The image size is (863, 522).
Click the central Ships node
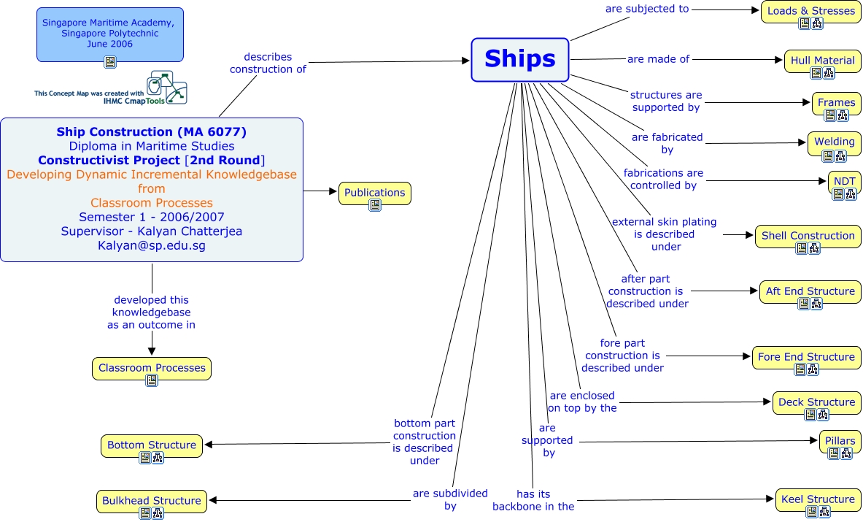519,59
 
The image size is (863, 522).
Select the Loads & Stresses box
810,11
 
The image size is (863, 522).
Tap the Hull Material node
822,61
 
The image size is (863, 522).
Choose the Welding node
834,142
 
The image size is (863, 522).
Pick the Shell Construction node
808,236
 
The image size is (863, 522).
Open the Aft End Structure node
810,291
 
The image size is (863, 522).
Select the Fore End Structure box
806,357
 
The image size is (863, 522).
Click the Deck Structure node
816,402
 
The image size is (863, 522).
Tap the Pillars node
840,441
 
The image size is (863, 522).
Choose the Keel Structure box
817,499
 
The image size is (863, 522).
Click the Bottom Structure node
152,445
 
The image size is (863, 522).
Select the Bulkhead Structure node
152,501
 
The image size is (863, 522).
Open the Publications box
374,193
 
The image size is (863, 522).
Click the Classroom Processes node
152,368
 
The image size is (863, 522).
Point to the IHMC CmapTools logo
166,88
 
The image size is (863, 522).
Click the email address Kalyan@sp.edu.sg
152,246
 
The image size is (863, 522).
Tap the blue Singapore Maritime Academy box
109,34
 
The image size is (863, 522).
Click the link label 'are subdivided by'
450,499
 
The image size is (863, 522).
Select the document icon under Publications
375,206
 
